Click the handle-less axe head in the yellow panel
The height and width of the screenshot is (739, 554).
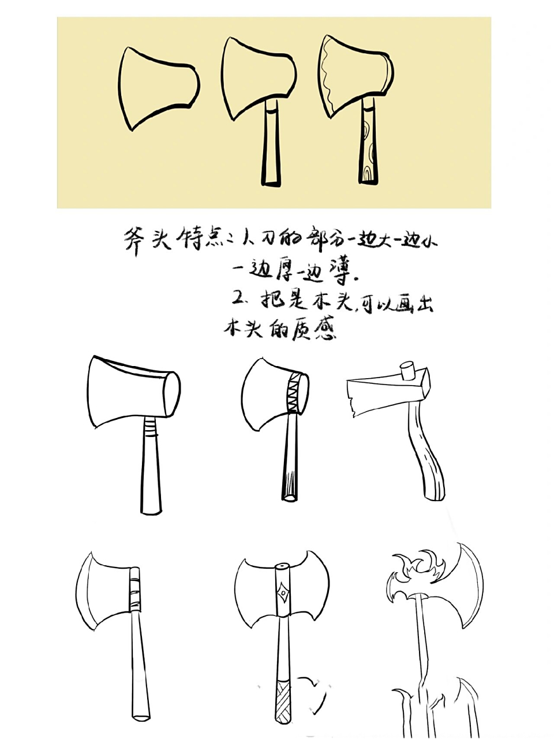(x=156, y=87)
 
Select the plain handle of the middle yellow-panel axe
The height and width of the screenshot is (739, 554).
(x=271, y=144)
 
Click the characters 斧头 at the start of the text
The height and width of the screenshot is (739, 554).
(x=147, y=238)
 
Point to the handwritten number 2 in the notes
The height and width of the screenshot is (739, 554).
(x=239, y=298)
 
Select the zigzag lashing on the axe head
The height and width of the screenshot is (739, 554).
(x=295, y=393)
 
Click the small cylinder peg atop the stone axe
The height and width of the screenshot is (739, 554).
(x=409, y=370)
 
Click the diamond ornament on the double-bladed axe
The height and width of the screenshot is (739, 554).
(x=282, y=594)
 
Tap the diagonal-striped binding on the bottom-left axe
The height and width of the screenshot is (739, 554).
(x=134, y=589)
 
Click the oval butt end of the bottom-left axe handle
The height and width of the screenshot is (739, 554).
(x=141, y=716)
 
